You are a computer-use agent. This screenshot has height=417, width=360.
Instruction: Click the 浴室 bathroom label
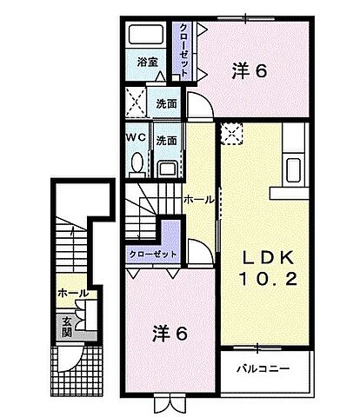pos(147,63)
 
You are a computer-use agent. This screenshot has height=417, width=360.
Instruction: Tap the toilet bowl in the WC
pos(137,163)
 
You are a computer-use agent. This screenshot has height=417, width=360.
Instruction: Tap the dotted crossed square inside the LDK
pos(232,132)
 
